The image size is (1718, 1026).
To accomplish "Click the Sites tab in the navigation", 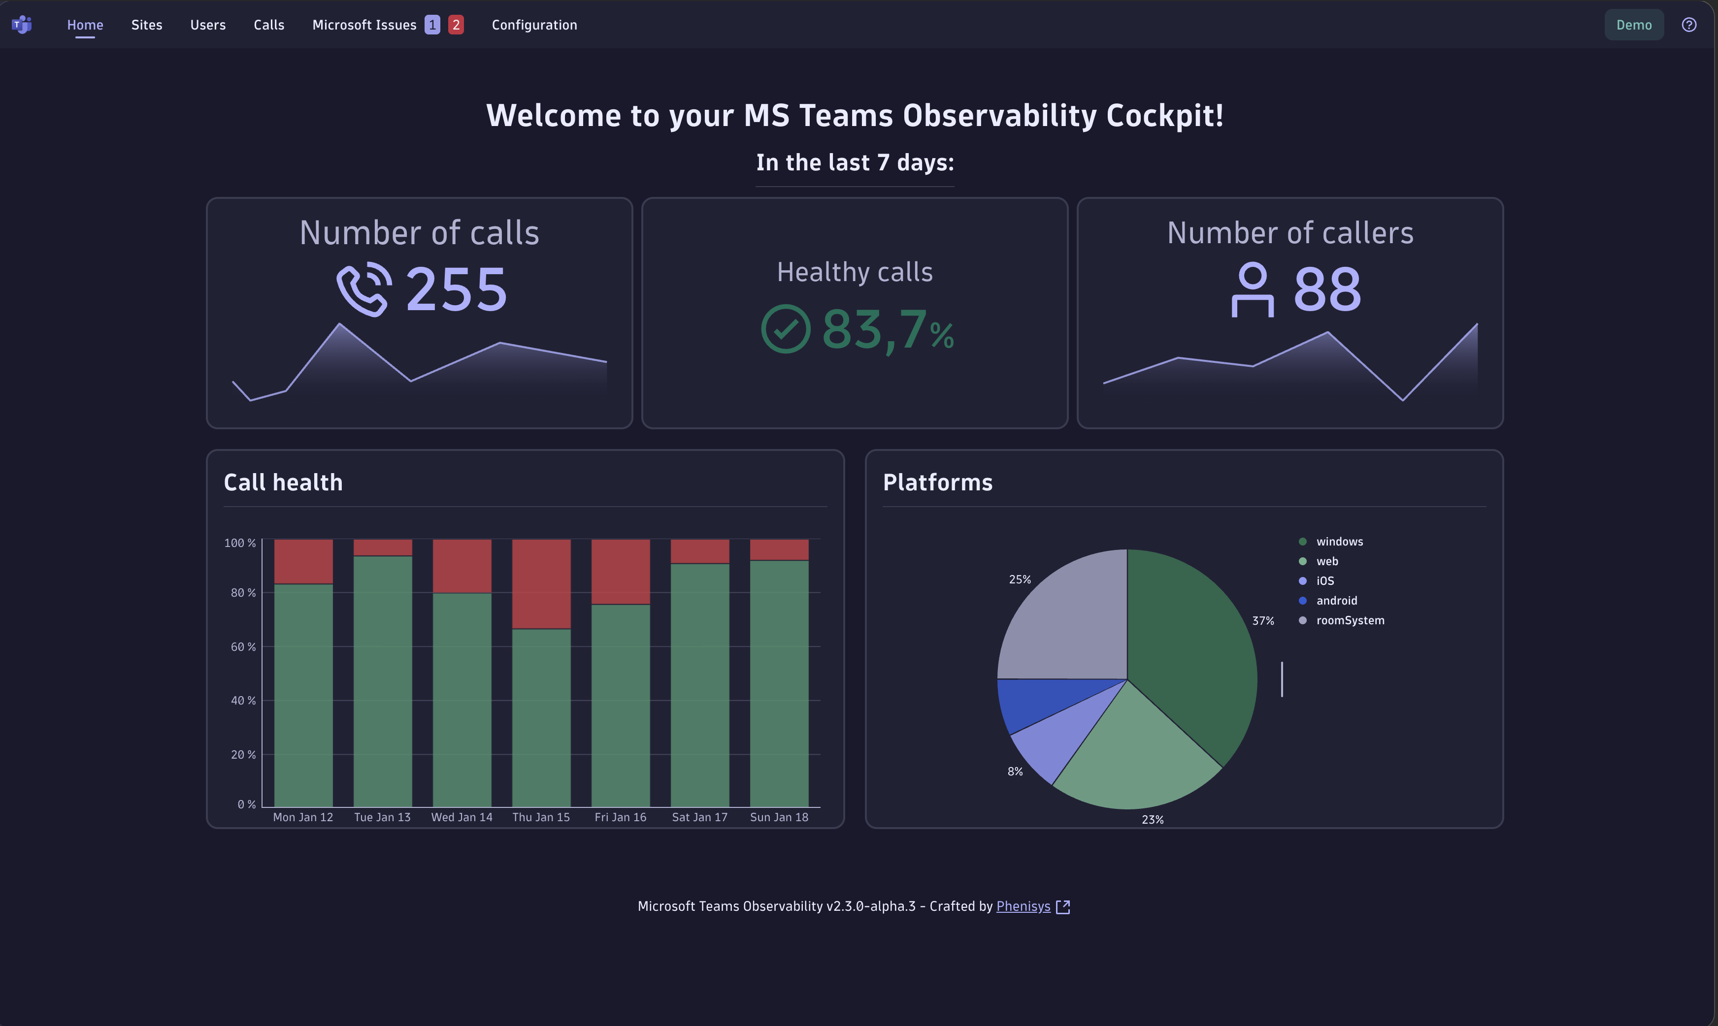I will [x=147, y=25].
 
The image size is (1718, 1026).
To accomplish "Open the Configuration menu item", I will [x=534, y=25].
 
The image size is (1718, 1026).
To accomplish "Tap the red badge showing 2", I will [x=456, y=25].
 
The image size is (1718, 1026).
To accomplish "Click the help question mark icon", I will [x=1688, y=25].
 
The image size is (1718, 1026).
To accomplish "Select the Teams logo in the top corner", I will [x=22, y=25].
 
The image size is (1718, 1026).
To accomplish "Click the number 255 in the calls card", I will [x=457, y=289].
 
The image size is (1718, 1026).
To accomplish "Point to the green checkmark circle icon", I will [x=786, y=329].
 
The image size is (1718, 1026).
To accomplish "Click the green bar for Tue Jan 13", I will [x=383, y=681].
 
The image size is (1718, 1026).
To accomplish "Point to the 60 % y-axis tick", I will [x=243, y=646].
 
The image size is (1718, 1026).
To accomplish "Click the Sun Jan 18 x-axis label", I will [x=779, y=817].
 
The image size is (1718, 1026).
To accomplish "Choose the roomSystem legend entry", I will [x=1350, y=620].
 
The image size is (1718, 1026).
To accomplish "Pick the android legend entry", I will [x=1336, y=601].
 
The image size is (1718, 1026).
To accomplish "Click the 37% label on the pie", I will [x=1263, y=621].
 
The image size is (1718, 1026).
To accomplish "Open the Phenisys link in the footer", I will [x=1023, y=906].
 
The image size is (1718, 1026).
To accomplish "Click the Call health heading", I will [x=283, y=482].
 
